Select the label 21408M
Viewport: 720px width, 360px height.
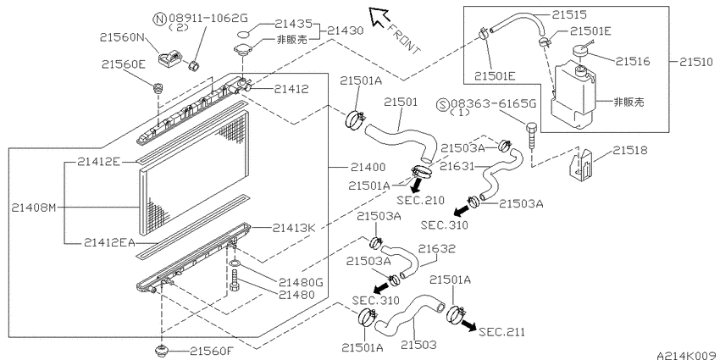(x=33, y=208)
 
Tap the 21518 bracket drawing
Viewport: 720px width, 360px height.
(x=582, y=162)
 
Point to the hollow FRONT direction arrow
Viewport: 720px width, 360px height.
(x=379, y=17)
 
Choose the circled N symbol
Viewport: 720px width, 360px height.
(x=159, y=19)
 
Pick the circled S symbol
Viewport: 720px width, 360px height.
(x=443, y=104)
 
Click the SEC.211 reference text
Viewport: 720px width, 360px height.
(x=501, y=332)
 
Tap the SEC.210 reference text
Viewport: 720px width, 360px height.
(x=421, y=200)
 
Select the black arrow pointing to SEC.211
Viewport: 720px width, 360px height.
(x=468, y=325)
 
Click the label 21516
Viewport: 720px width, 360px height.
(x=633, y=61)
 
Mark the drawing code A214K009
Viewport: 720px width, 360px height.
(x=687, y=356)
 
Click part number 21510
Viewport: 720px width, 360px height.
(x=696, y=62)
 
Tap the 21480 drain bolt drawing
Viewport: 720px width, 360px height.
(x=235, y=280)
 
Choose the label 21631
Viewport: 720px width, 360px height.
(x=457, y=166)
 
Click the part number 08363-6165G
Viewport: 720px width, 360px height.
(x=493, y=104)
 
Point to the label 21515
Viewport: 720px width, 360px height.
(x=569, y=14)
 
